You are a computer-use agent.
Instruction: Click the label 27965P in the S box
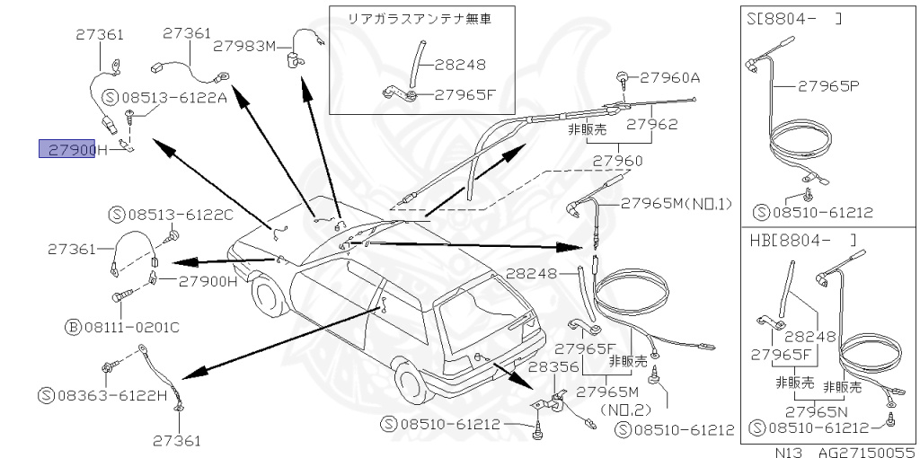click(x=827, y=86)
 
